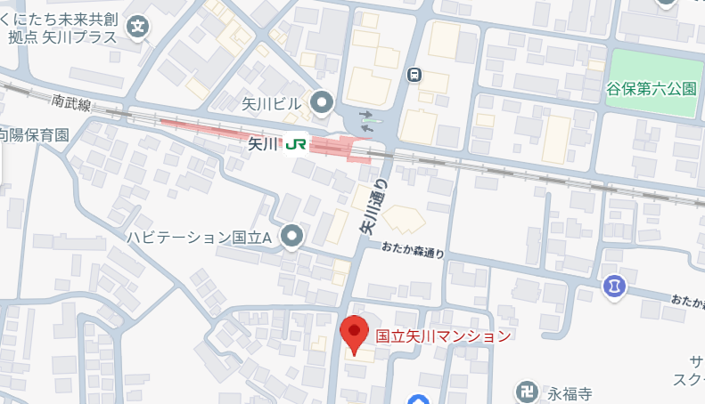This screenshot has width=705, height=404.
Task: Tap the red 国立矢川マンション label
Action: click(443, 336)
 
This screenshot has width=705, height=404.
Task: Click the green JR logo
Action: click(296, 143)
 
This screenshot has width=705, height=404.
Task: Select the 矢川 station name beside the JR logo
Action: click(263, 143)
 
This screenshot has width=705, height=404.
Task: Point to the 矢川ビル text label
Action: click(272, 105)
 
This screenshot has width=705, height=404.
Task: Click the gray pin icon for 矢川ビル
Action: click(321, 104)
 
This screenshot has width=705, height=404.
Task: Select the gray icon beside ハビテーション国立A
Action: click(291, 236)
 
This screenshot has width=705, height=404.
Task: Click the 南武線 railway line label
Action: click(71, 104)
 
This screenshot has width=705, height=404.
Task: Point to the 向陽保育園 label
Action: click(34, 135)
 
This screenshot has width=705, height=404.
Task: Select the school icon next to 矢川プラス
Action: click(138, 27)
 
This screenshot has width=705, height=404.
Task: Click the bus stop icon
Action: click(414, 75)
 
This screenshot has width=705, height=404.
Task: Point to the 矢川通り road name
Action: click(374, 207)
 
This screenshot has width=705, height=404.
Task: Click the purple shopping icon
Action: click(614, 287)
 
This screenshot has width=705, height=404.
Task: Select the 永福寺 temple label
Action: click(570, 392)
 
